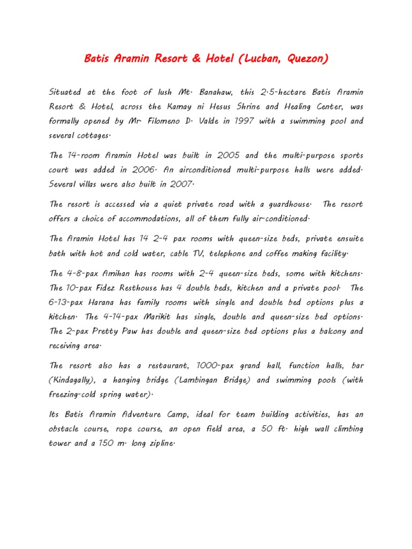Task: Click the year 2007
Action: click(179, 184)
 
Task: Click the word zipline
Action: click(156, 443)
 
